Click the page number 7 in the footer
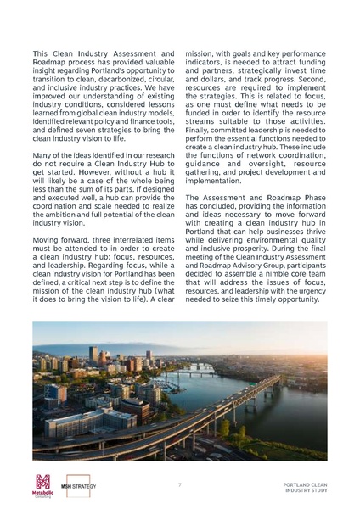click(179, 484)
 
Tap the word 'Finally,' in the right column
click(199, 147)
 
